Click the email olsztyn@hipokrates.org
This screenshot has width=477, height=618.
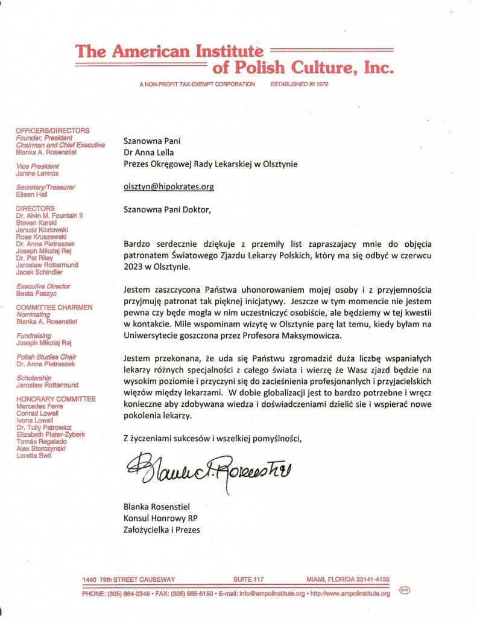coord(168,186)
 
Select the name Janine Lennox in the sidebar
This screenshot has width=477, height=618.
coord(37,173)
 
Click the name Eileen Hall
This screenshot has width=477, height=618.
coord(32,195)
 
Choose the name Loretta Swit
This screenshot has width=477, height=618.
coord(34,456)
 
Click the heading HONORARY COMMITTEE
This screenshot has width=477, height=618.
coord(55,399)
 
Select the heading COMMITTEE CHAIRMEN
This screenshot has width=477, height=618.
coord(54,307)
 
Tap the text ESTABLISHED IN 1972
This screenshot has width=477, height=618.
coord(299,84)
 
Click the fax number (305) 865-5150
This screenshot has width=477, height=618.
coord(190,593)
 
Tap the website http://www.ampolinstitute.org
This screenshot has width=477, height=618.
coord(350,593)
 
